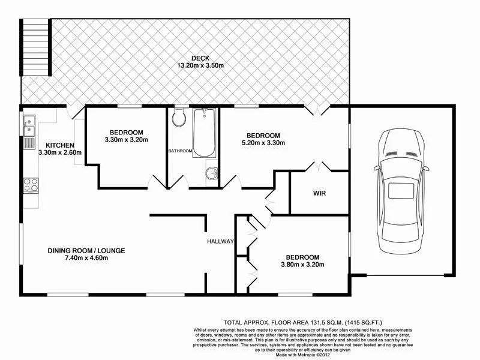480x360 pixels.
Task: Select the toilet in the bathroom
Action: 178,118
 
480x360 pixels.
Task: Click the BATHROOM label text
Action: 180,151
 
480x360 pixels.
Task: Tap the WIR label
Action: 319,194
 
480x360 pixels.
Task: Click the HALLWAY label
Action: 219,242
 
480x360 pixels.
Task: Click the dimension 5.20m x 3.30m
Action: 263,143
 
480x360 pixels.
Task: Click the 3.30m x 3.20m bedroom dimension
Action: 126,140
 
